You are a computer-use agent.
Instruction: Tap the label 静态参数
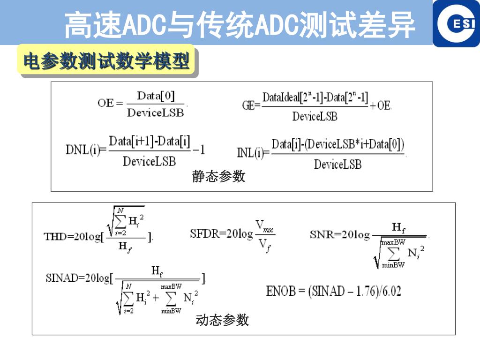click(218, 177)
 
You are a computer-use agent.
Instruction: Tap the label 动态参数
click(222, 320)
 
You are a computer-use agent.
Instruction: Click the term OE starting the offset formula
click(105, 103)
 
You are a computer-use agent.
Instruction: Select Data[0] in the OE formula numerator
click(156, 96)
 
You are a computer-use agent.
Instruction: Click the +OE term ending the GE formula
click(381, 105)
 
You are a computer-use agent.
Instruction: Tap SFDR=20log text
click(221, 233)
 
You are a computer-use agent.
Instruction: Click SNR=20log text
click(339, 234)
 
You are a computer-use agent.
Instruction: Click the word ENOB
click(281, 291)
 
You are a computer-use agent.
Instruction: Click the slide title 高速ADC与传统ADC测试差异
click(240, 24)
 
